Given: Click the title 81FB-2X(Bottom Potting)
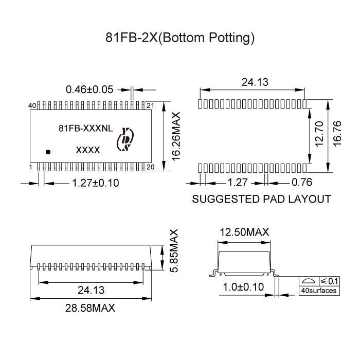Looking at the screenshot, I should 180,38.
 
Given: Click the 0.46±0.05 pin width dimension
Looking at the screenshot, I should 89,89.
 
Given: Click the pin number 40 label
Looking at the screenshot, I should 32,105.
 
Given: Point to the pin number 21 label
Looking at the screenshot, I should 151,105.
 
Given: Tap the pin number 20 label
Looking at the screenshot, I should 151,168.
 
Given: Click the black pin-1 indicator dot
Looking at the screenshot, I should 48,152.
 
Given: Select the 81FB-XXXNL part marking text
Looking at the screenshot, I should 85,129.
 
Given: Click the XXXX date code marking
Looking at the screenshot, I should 88,150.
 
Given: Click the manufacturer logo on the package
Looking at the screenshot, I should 125,139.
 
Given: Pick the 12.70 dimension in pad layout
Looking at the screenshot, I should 319,134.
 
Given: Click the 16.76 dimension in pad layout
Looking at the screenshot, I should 337,134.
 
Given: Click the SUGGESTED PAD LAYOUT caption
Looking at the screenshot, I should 261,199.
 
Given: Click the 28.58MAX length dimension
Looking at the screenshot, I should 91,308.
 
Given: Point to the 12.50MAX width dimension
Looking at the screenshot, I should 244,233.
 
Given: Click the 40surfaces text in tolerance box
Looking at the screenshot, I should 319,291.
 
